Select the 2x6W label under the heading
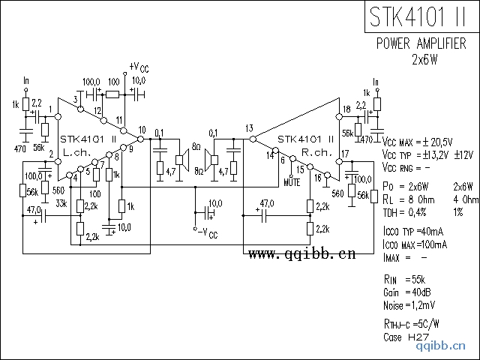(424, 59)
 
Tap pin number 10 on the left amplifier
(142, 130)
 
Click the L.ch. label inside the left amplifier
(78, 151)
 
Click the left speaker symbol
(181, 158)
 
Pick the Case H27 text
(406, 337)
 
